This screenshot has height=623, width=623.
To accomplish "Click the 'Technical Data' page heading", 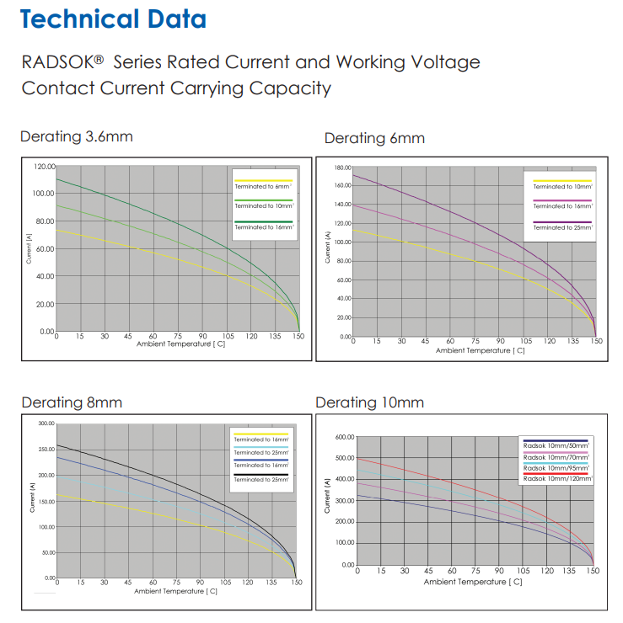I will click(x=114, y=19).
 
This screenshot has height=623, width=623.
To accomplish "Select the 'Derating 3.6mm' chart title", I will click(x=77, y=136).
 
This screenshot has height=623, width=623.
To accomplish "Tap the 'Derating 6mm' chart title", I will click(x=374, y=138).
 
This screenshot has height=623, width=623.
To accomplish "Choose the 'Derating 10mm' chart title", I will click(x=369, y=402).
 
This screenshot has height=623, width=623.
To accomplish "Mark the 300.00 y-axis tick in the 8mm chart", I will click(x=45, y=423).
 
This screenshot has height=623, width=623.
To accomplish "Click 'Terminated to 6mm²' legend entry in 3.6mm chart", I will click(x=264, y=186).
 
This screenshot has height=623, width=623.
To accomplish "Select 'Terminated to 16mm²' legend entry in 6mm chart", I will click(x=562, y=206).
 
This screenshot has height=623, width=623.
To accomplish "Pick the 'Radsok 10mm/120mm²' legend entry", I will click(x=557, y=478).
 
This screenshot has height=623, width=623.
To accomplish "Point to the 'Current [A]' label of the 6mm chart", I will click(x=327, y=246).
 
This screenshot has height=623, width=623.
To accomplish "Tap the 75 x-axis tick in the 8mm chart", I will click(x=176, y=583).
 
